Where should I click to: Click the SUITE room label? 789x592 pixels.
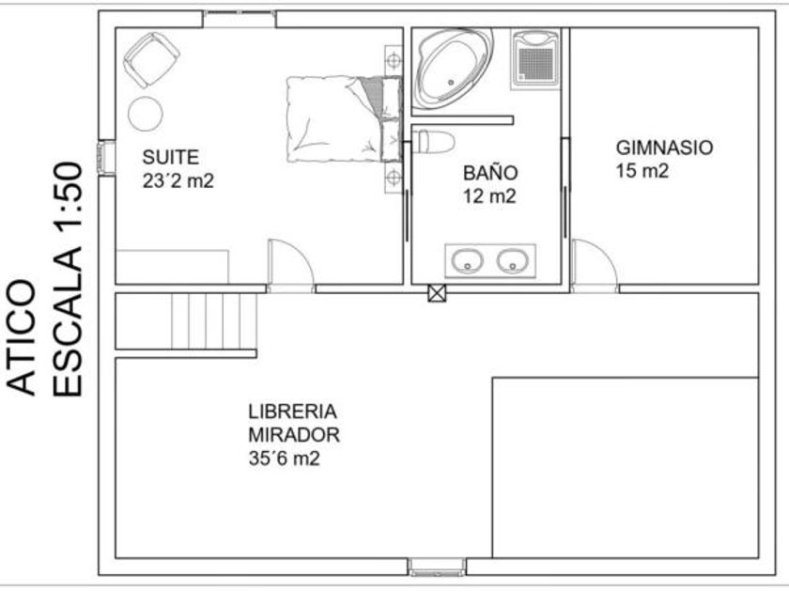pos(171,157)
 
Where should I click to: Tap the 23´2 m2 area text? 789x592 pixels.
pos(178,180)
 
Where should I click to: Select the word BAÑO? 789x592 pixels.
pos(490,172)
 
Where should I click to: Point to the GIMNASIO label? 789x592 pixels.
pos(664,148)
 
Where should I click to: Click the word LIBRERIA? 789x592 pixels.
pos(292,412)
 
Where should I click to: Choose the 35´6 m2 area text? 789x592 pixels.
pos(285,459)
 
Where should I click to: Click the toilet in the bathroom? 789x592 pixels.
pos(434,142)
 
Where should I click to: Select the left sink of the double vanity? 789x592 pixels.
pos(468,261)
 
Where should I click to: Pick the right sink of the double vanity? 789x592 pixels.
pos(513,261)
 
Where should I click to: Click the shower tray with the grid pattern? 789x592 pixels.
pos(535,59)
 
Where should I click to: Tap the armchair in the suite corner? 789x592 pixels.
pos(151,60)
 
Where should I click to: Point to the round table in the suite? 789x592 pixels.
pos(146,114)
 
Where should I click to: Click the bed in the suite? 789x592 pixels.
pos(344,119)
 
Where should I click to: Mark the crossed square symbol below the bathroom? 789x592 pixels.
pos(437,293)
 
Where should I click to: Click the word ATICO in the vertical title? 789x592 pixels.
pos(22,337)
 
